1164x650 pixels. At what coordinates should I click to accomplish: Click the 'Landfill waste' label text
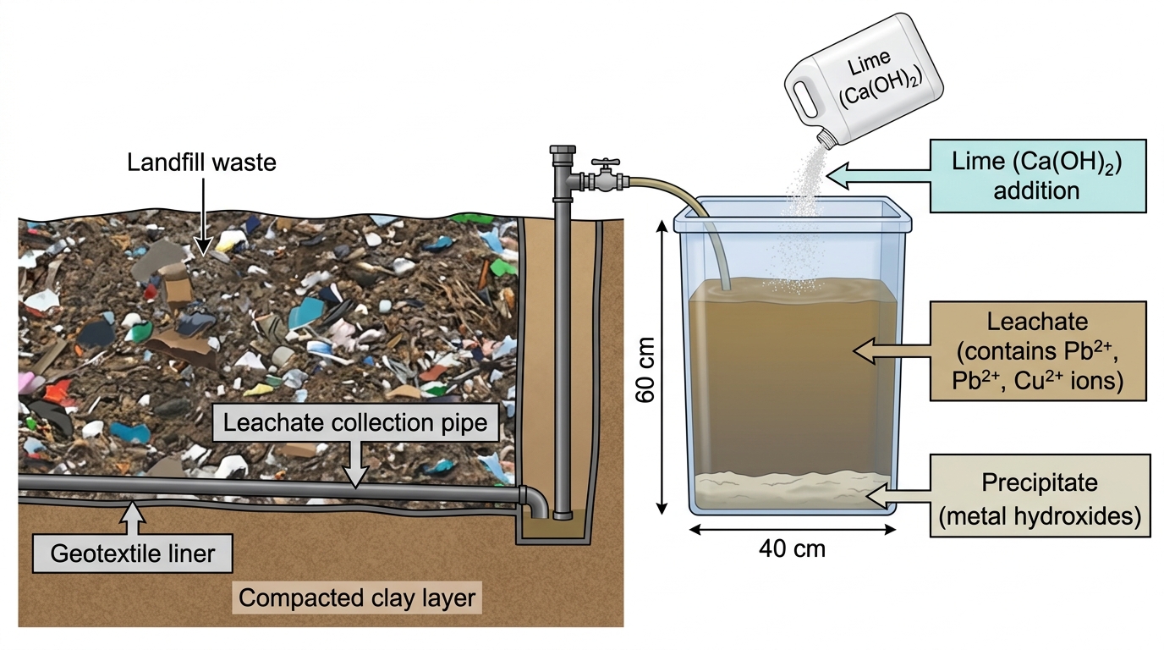[x=201, y=162]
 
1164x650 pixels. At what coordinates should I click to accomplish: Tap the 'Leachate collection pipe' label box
[x=355, y=423]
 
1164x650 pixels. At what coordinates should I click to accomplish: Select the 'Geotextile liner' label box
[x=133, y=554]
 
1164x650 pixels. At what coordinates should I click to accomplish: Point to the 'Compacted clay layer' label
[x=357, y=598]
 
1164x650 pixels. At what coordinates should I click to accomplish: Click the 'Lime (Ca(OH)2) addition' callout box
[x=1038, y=176]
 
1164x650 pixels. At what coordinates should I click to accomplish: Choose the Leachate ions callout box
[x=1038, y=351]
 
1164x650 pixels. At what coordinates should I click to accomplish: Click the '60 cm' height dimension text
[x=645, y=370]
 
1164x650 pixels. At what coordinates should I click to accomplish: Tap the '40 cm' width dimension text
[x=792, y=549]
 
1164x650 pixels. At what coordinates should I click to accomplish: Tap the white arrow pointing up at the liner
[x=134, y=519]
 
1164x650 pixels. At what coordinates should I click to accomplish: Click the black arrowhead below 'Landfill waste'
[x=203, y=246]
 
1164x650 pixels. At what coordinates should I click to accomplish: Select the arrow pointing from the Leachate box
[x=892, y=351]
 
